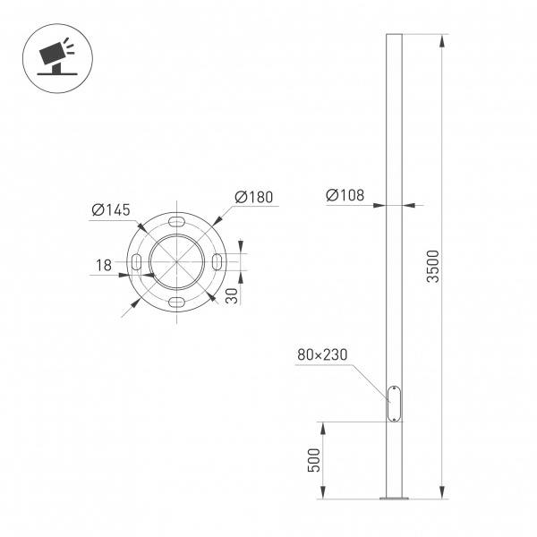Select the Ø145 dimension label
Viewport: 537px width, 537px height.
(x=111, y=210)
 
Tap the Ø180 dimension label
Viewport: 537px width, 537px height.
(x=253, y=198)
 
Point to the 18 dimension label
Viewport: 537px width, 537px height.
(x=104, y=265)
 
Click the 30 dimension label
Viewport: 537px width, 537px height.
(x=232, y=296)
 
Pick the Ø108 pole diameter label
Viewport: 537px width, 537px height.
(x=345, y=195)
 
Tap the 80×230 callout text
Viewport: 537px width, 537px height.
(x=323, y=355)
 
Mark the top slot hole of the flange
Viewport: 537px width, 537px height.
(x=178, y=220)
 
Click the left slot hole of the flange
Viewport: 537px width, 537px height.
(x=137, y=260)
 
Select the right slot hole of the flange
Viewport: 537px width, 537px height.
(x=218, y=260)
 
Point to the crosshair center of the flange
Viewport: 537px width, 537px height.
(x=178, y=260)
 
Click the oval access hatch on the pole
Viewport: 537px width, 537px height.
(x=394, y=403)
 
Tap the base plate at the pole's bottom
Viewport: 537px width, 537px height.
(x=394, y=498)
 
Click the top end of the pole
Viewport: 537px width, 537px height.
(x=394, y=37)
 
